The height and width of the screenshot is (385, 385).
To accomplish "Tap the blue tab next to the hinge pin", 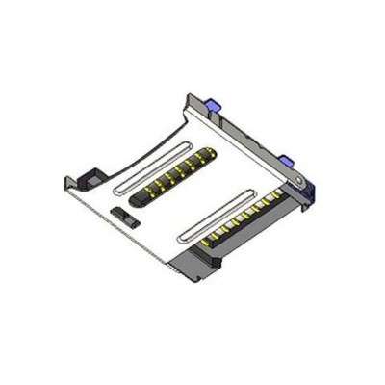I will coord(287,154).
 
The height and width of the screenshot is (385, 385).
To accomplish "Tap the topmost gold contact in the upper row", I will coord(200,150).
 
